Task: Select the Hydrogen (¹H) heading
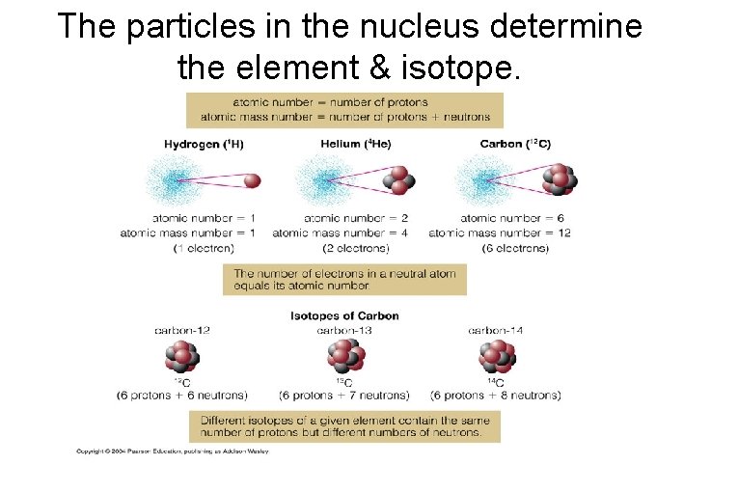pos(204,145)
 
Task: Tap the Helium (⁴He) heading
pos(356,145)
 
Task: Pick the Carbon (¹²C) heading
pos(515,145)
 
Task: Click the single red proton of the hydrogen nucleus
pos(253,180)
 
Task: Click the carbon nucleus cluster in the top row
pos(559,178)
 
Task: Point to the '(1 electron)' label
pos(204,248)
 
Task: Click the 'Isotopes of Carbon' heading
pos(344,315)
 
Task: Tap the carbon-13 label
pos(344,330)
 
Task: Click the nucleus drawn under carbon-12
pos(181,358)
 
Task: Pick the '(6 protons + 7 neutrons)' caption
pos(344,396)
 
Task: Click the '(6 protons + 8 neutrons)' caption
pos(496,396)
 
